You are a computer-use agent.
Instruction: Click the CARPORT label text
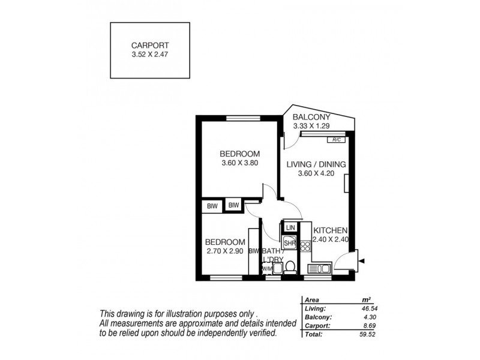150,44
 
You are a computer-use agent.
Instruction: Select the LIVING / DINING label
316,164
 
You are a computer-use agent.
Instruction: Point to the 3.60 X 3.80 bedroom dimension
239,162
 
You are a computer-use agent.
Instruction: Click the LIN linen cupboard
290,227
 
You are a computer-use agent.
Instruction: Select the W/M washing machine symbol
266,269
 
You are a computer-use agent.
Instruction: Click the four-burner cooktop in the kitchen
304,246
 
